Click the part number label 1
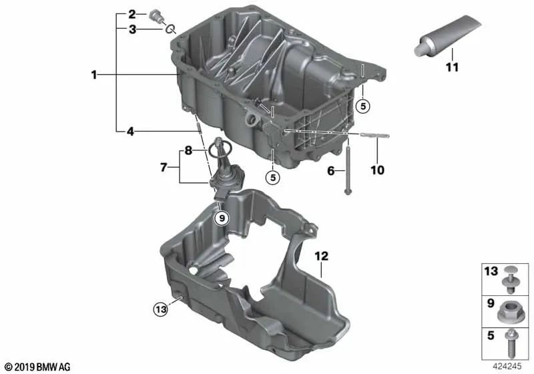coord(95,76)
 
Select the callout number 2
coord(132,14)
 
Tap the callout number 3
coord(132,29)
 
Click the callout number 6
coord(331,171)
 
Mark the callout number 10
coord(377,170)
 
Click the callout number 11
coord(453,67)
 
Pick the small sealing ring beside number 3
coord(172,29)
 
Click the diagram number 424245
coord(509,366)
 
